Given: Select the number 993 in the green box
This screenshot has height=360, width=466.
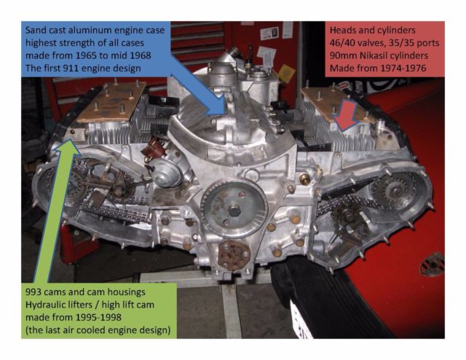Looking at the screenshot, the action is (x=33, y=292).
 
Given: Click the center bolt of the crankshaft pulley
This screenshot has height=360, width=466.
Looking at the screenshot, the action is (x=234, y=211).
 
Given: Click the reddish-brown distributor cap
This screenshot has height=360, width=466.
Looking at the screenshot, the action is (x=151, y=146).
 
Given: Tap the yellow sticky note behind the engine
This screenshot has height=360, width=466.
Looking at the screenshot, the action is (x=287, y=72).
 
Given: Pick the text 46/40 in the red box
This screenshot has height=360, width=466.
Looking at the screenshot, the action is (x=341, y=43).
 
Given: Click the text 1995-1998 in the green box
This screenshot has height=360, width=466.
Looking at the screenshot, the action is (x=98, y=317).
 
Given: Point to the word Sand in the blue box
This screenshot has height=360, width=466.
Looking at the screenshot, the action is (x=36, y=31).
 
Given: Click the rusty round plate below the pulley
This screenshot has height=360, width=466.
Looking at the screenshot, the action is (x=234, y=254).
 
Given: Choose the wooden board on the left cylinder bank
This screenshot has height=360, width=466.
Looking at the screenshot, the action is (x=112, y=102).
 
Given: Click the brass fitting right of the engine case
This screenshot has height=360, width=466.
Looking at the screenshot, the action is (x=305, y=179).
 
